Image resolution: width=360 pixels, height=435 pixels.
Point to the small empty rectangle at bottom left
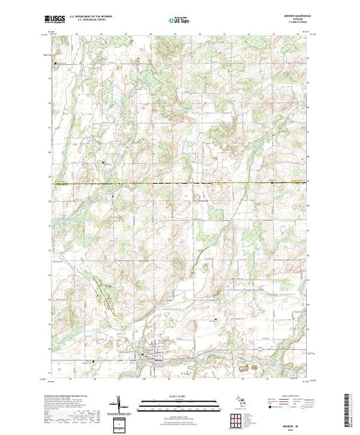120,422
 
